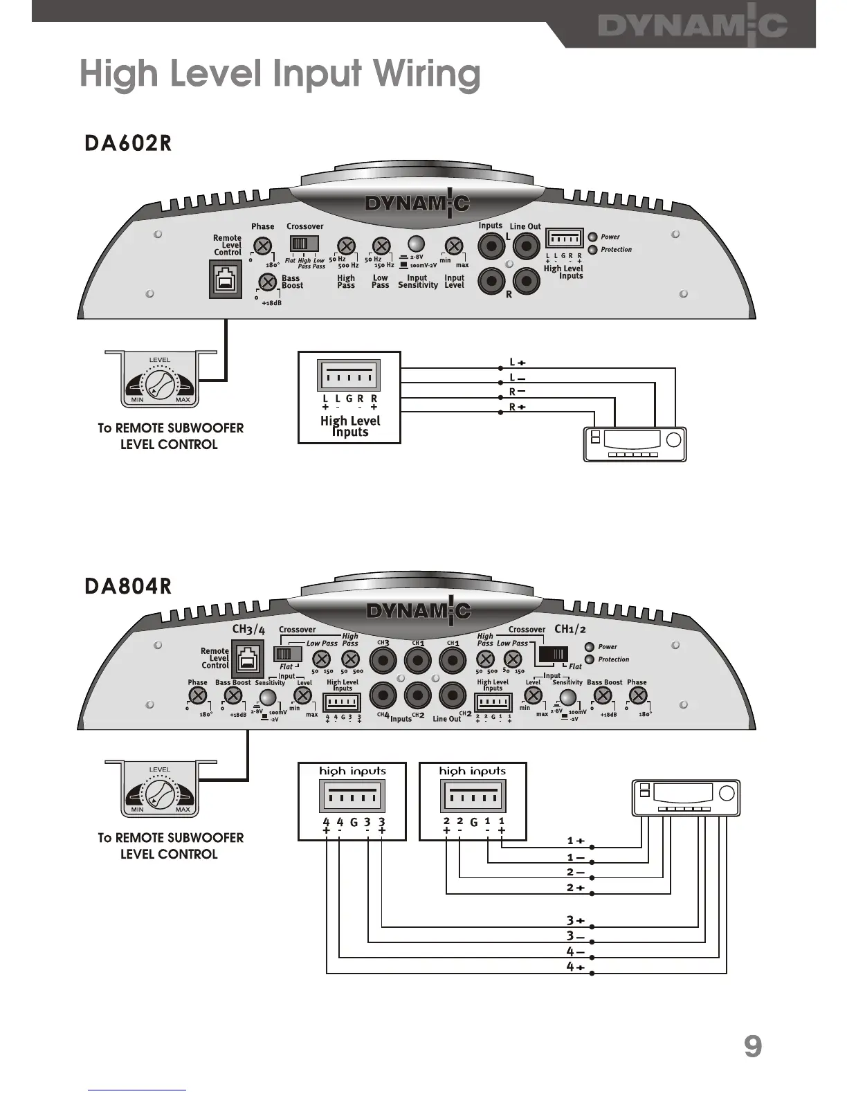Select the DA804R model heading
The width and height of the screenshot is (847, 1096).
tap(127, 586)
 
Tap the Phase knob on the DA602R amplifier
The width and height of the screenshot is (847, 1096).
tap(262, 245)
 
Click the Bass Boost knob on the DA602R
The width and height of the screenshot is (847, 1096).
tap(268, 282)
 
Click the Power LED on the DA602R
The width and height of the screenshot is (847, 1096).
tap(592, 237)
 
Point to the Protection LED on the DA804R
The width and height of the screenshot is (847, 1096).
tap(590, 659)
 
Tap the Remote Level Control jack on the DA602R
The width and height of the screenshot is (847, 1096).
tap(226, 280)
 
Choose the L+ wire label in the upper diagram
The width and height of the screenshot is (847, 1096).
tap(517, 363)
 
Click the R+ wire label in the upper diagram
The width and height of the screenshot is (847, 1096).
tap(517, 407)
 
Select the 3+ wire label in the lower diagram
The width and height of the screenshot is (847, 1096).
tap(576, 921)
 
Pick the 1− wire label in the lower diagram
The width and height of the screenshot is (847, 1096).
tap(576, 858)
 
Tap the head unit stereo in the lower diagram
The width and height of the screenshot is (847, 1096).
tap(685, 796)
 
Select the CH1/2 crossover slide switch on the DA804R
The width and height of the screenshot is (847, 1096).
tap(553, 654)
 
